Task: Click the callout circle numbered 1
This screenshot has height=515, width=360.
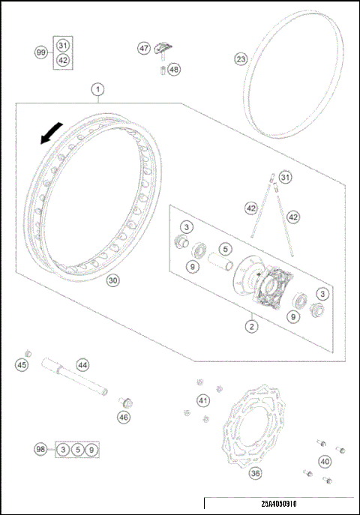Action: pos(97,90)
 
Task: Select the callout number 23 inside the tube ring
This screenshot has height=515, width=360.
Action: pos(240,58)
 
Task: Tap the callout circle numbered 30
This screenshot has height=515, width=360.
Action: pos(112,280)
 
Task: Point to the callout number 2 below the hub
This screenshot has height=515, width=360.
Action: pos(252,325)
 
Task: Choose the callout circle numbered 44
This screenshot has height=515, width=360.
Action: pos(82,365)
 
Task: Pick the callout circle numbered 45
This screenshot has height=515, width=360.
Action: pos(21,364)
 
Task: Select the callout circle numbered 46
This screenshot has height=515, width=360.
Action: pos(124,417)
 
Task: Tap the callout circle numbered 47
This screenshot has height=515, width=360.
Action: pos(144,48)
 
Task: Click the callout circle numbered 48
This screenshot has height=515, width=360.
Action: pos(174,70)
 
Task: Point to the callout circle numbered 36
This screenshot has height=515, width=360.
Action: pos(255,473)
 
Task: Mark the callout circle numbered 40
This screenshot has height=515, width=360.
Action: pos(325,462)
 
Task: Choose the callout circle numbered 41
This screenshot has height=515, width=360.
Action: pos(203,401)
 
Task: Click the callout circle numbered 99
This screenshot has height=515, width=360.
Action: pos(40,52)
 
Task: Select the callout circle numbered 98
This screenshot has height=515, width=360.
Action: pos(40,449)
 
